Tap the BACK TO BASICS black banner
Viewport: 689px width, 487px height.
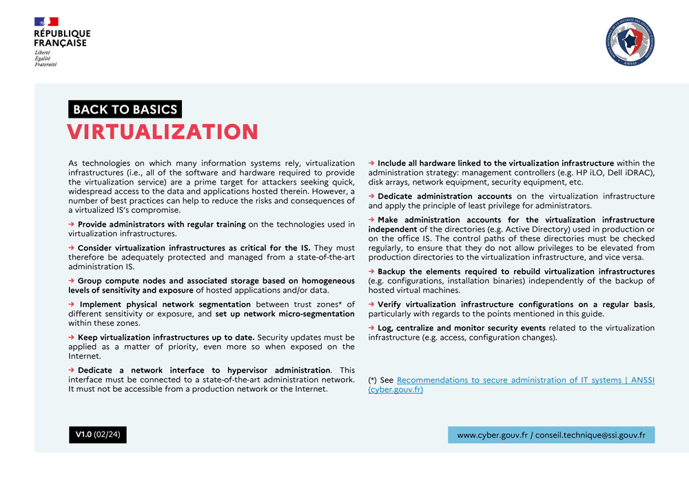click(125, 109)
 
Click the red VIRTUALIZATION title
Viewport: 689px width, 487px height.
click(163, 132)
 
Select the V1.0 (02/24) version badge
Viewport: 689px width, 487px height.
click(97, 435)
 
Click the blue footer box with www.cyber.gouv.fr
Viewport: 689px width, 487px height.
click(551, 435)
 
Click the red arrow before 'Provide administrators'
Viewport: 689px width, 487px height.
click(71, 225)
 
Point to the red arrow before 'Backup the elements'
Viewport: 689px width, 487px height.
click(371, 272)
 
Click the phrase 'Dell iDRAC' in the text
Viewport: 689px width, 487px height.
click(630, 172)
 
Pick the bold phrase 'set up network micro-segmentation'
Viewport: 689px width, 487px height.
click(285, 314)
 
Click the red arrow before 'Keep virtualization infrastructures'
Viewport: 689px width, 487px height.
click(71, 338)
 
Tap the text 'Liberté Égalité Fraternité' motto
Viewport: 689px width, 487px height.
click(46, 59)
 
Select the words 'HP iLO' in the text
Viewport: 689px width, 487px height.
click(593, 172)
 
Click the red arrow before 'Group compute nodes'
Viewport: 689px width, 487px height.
click(71, 281)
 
